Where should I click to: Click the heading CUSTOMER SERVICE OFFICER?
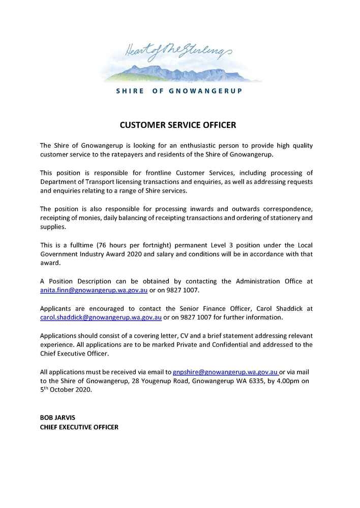coord(178,124)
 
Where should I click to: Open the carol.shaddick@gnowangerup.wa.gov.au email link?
coord(101,317)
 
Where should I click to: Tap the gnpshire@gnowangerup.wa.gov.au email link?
coord(225,372)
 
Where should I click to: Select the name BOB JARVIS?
coord(57,417)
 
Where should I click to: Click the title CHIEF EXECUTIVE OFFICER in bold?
coord(79,427)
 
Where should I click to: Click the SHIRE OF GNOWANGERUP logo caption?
coord(179,91)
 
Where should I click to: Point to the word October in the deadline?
coord(67,390)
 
